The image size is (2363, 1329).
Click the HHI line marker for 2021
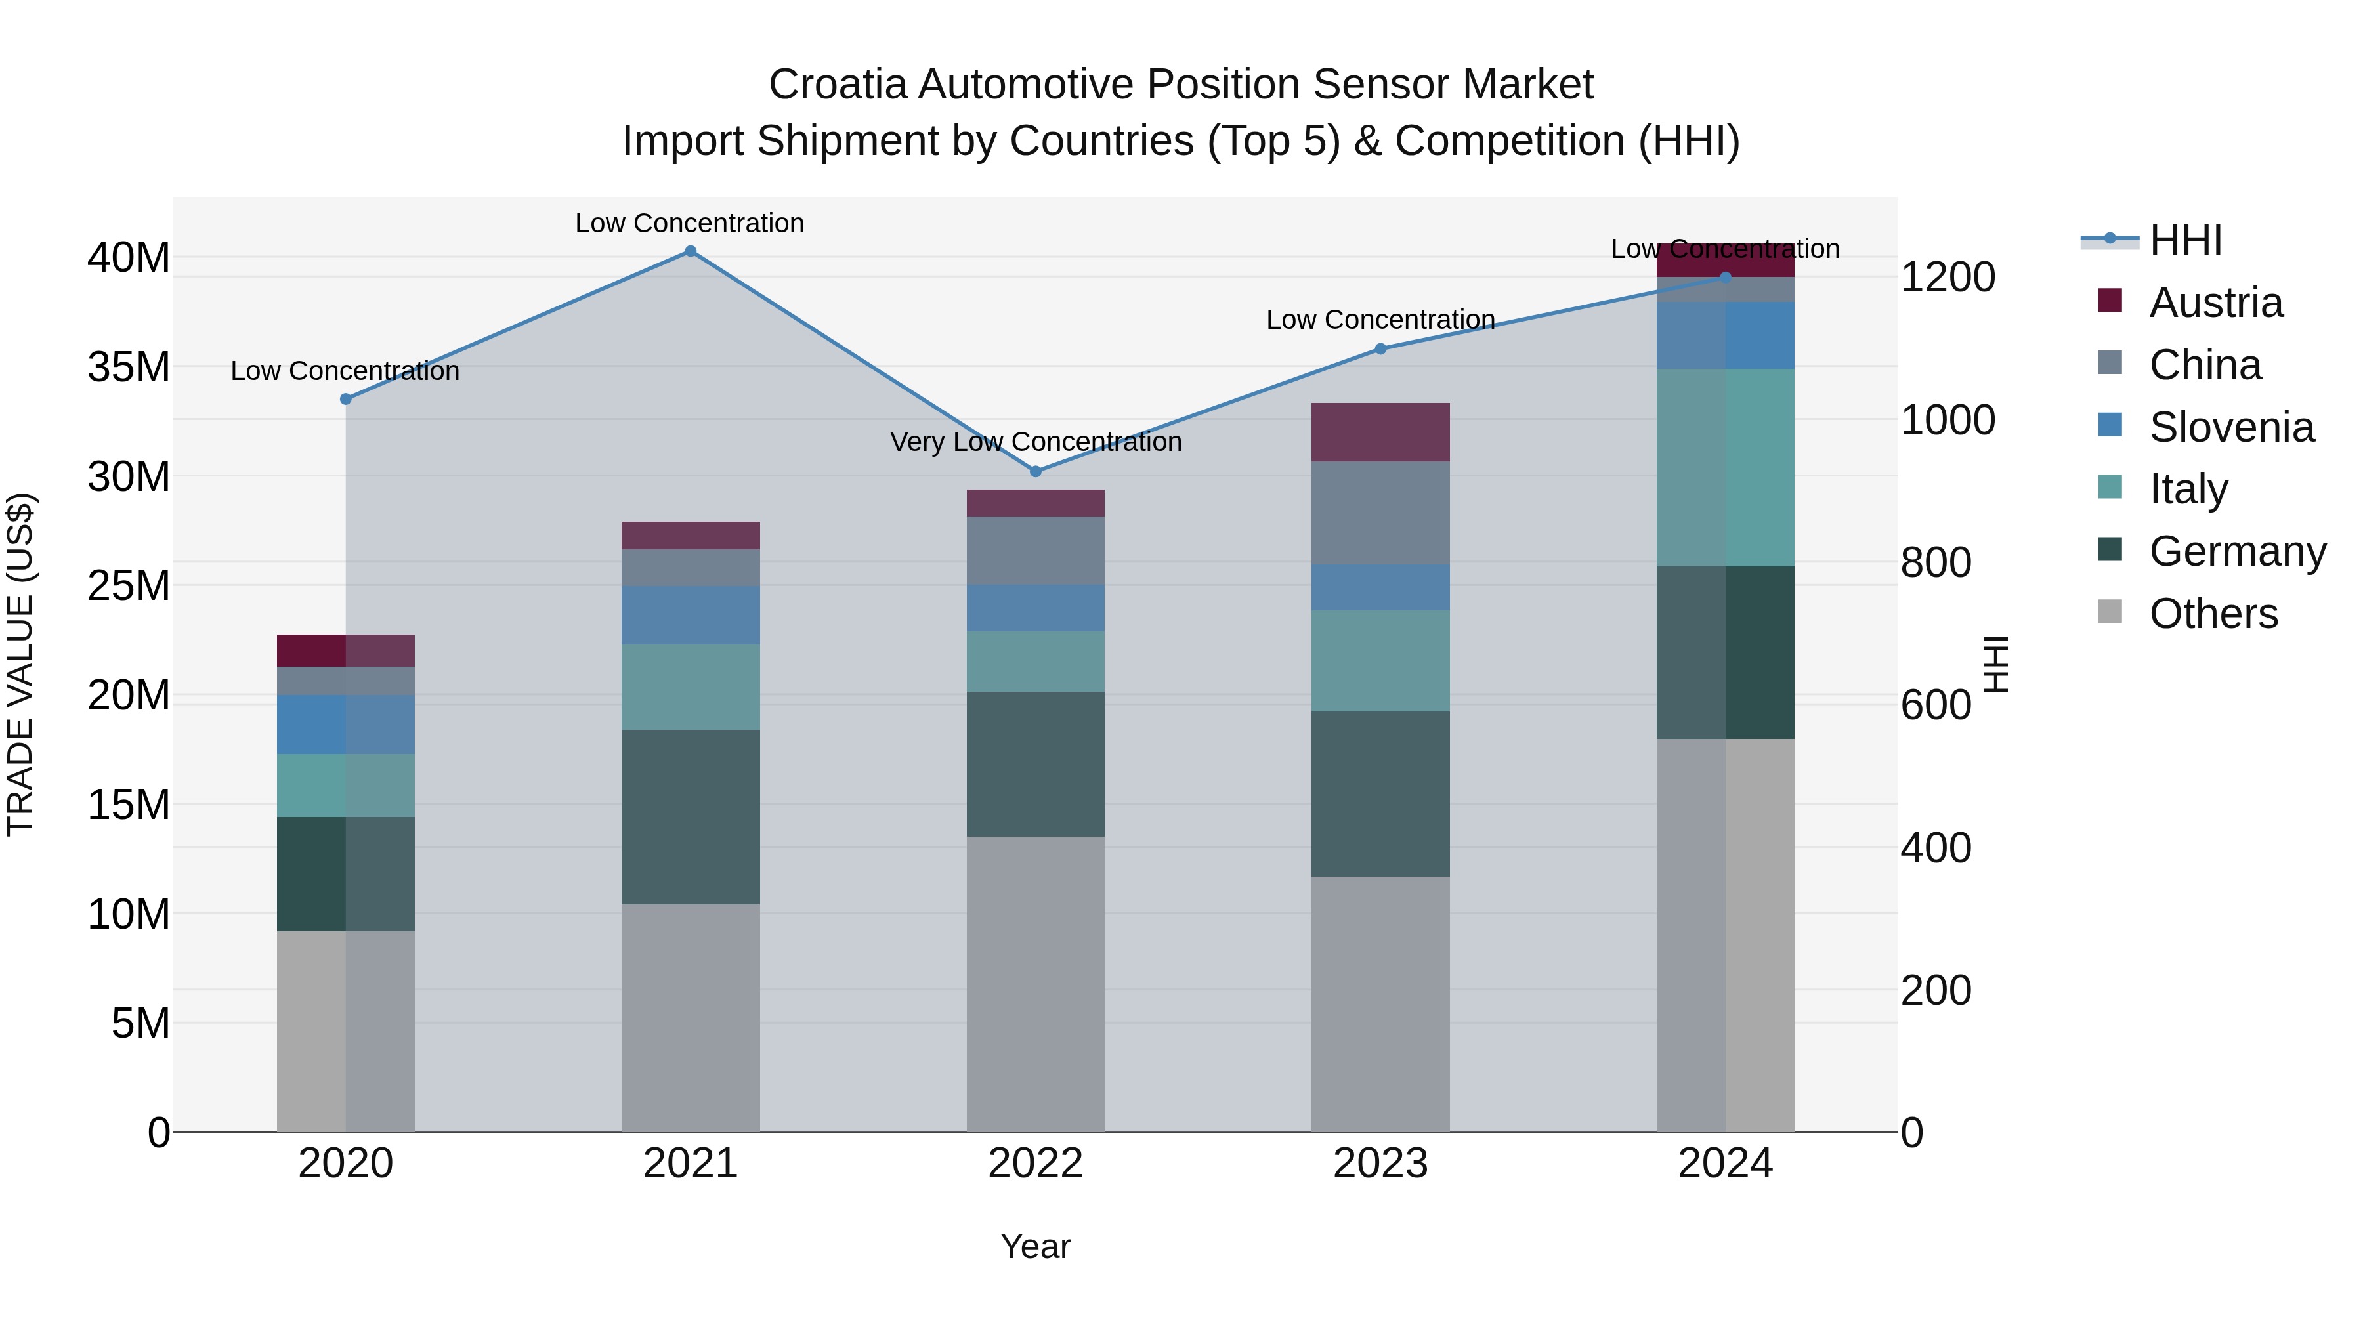point(691,251)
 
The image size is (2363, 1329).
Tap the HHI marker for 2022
point(1036,471)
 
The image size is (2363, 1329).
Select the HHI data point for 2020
point(346,399)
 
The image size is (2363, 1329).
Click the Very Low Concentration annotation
point(1036,442)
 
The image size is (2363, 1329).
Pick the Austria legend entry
point(2215,303)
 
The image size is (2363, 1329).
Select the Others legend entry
point(2213,614)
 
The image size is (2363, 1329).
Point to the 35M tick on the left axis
point(129,367)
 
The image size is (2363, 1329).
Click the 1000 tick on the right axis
point(1948,420)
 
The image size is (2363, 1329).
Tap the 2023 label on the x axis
point(1380,1164)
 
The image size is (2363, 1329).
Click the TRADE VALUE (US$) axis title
point(20,665)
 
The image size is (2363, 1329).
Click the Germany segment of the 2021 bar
point(691,816)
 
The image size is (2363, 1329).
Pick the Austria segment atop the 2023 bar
point(1380,432)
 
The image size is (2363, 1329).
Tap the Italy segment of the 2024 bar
point(1724,468)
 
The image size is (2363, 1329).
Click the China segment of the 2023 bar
point(1380,513)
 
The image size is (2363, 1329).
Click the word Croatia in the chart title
point(838,85)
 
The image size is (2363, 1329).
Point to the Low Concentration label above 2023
point(1380,320)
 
